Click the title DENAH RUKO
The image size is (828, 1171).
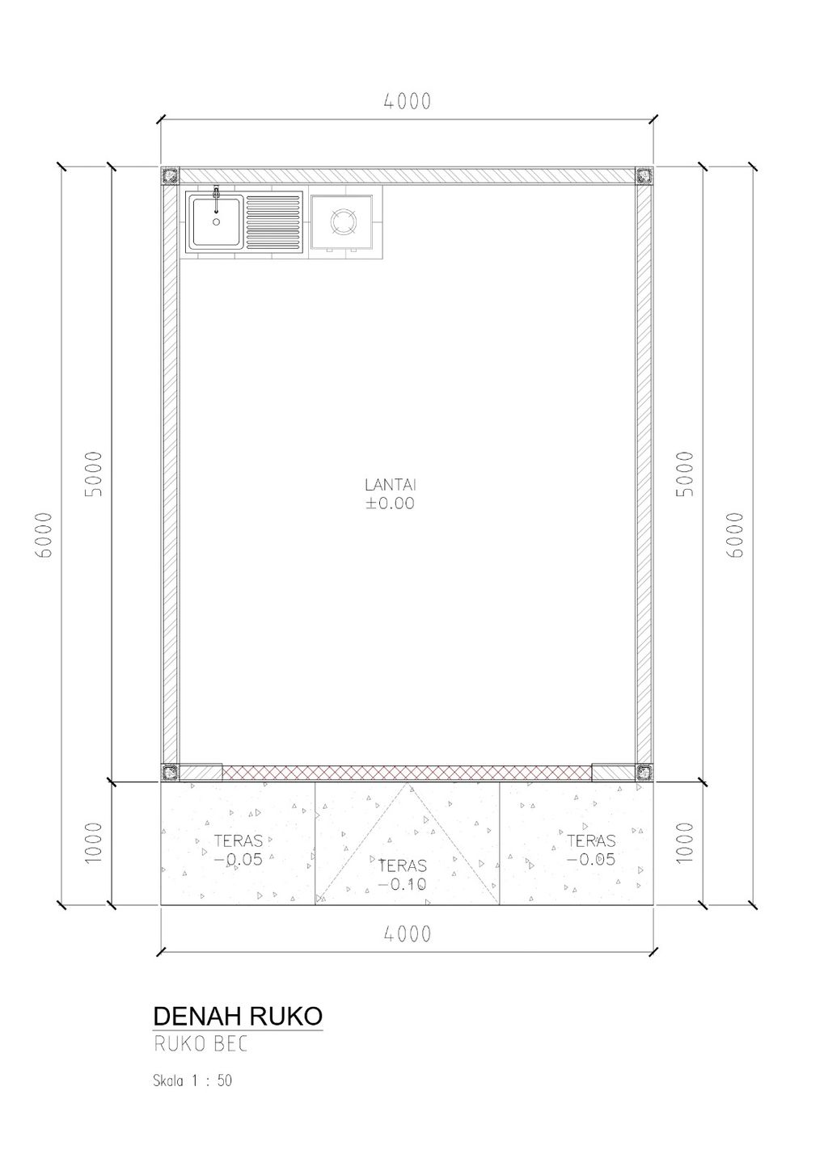(x=238, y=1016)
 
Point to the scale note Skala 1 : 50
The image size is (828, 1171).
(x=192, y=1080)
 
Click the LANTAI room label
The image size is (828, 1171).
(x=391, y=485)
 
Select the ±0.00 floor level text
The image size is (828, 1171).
(x=390, y=503)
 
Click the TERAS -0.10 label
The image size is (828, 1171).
(x=402, y=874)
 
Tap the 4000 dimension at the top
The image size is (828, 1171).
(x=408, y=101)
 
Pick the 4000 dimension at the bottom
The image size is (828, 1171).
(x=408, y=933)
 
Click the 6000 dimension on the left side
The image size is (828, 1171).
(x=44, y=535)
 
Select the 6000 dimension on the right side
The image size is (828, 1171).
(x=735, y=535)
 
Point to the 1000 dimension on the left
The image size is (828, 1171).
(x=93, y=843)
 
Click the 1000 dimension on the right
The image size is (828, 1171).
(x=684, y=843)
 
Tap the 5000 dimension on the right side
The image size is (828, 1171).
(x=684, y=474)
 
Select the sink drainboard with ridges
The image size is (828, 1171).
(x=274, y=221)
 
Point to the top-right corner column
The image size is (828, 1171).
(x=644, y=175)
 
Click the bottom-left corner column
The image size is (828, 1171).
(x=170, y=772)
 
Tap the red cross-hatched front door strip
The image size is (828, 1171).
(x=407, y=772)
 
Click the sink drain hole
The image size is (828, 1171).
(x=217, y=221)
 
